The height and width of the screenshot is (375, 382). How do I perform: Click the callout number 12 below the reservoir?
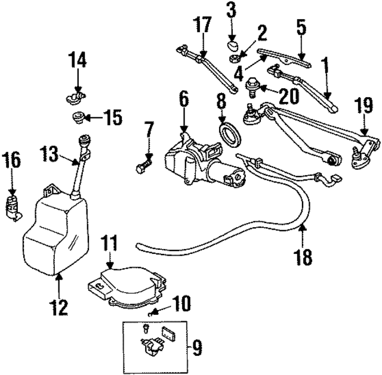click(x=58, y=307)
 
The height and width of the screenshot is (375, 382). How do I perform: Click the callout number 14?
click(x=76, y=60)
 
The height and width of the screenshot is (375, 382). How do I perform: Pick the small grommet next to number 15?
click(x=78, y=116)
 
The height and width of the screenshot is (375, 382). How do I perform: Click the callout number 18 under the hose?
click(x=302, y=258)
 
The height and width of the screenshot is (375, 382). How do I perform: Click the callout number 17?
click(x=202, y=26)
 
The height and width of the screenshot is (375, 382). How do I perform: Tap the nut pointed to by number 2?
click(x=235, y=58)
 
